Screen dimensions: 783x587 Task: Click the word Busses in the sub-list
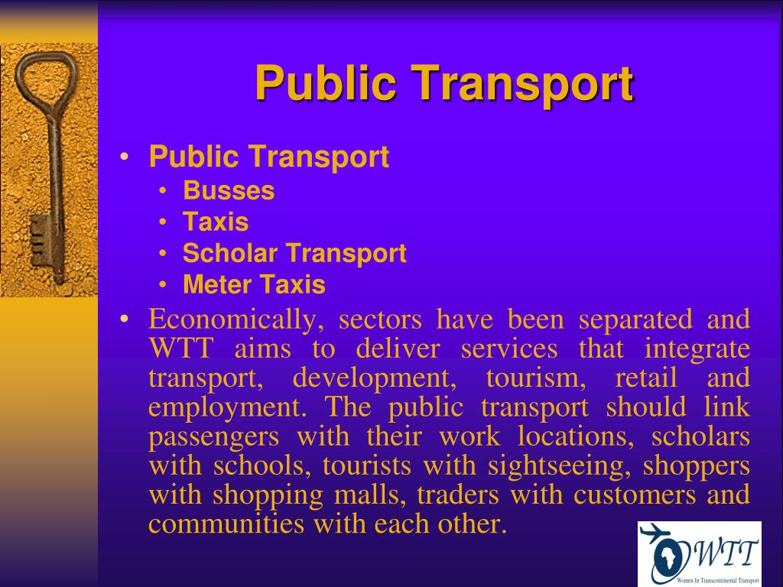(229, 190)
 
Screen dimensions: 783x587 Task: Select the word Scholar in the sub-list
(229, 252)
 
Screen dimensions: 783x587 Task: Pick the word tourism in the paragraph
(536, 378)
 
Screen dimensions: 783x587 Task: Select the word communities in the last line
(226, 524)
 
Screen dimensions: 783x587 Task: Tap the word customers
(635, 495)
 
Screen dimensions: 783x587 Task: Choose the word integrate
(697, 349)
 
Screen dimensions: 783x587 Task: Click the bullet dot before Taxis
(163, 222)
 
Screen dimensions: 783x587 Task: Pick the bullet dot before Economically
(125, 319)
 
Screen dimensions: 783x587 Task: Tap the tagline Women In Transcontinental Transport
(717, 581)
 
